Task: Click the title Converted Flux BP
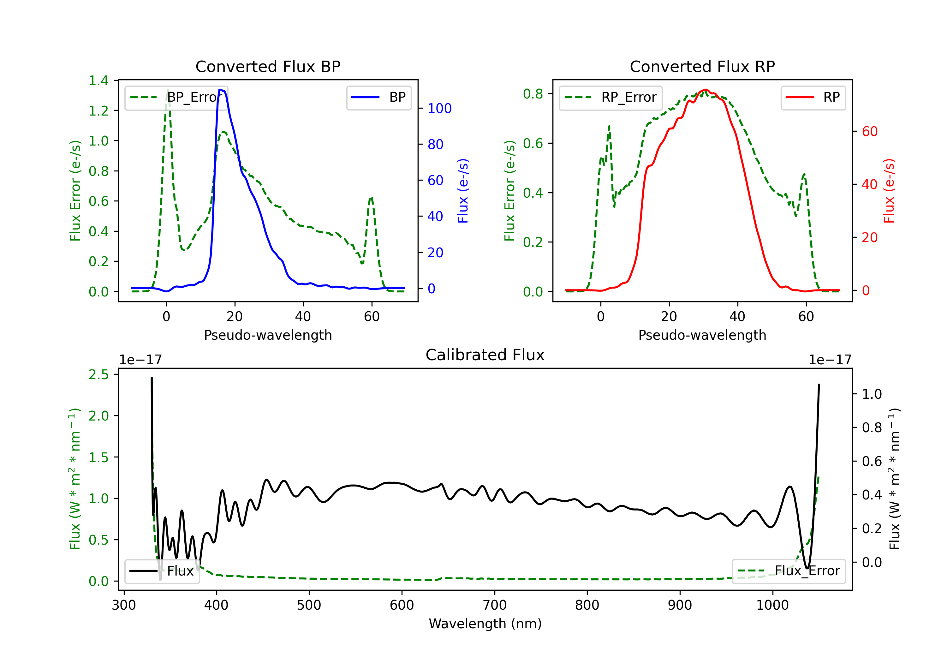tap(268, 66)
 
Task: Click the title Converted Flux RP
tap(702, 66)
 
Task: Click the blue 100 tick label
tap(439, 109)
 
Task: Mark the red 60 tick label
tap(869, 132)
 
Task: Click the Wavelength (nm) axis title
tap(485, 624)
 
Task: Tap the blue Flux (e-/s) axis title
tap(463, 191)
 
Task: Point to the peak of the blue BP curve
tap(221, 90)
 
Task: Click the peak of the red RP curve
tap(706, 90)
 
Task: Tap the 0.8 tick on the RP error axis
tap(533, 94)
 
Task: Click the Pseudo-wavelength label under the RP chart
tap(702, 335)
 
